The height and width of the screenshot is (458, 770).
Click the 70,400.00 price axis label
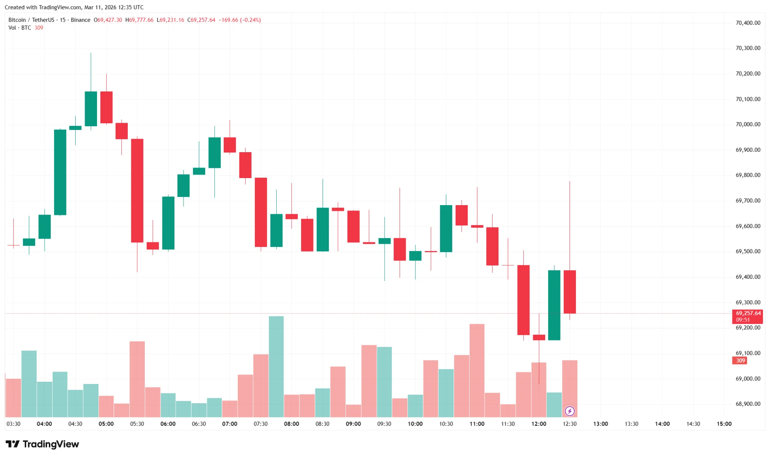(x=748, y=23)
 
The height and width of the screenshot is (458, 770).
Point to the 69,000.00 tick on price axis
(x=748, y=379)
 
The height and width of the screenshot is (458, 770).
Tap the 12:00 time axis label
(x=539, y=424)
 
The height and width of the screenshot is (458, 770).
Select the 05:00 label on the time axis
(x=106, y=424)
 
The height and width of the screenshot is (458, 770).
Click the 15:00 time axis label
(x=724, y=424)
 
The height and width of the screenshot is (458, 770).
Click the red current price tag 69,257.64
(x=748, y=313)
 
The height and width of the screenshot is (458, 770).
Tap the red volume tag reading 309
(x=740, y=361)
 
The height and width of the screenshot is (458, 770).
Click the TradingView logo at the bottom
(x=42, y=444)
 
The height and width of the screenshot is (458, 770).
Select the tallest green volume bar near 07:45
(x=276, y=366)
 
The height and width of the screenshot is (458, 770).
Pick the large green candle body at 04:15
(x=60, y=172)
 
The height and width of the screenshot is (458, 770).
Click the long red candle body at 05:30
(x=137, y=190)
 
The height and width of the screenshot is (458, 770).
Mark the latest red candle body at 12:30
(x=570, y=292)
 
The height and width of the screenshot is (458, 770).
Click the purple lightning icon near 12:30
(x=570, y=411)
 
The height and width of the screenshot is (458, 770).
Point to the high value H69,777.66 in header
(x=139, y=20)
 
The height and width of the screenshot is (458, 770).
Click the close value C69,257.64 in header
(x=202, y=20)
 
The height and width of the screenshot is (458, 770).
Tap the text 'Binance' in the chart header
(x=80, y=20)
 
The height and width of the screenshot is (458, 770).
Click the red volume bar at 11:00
(x=477, y=370)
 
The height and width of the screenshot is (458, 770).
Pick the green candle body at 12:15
(x=554, y=305)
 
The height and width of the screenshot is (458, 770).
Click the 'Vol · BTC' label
(x=20, y=28)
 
